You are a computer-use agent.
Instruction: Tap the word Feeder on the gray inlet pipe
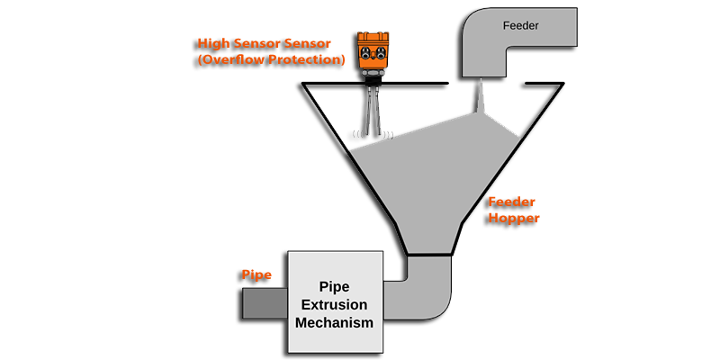[x=519, y=26]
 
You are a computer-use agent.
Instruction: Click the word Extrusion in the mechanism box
[x=333, y=304]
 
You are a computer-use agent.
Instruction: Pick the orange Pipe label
[x=256, y=274]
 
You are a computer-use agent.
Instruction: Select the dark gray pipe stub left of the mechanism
[x=265, y=302]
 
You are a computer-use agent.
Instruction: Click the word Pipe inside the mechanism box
[x=333, y=287]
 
